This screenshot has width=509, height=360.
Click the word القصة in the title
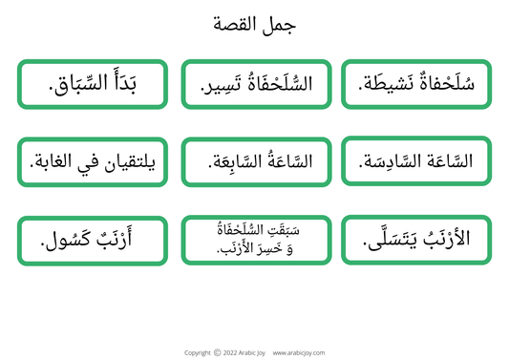tap(239, 26)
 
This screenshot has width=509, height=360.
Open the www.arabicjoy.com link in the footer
tap(297, 352)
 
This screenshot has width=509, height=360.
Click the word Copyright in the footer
tap(197, 352)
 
